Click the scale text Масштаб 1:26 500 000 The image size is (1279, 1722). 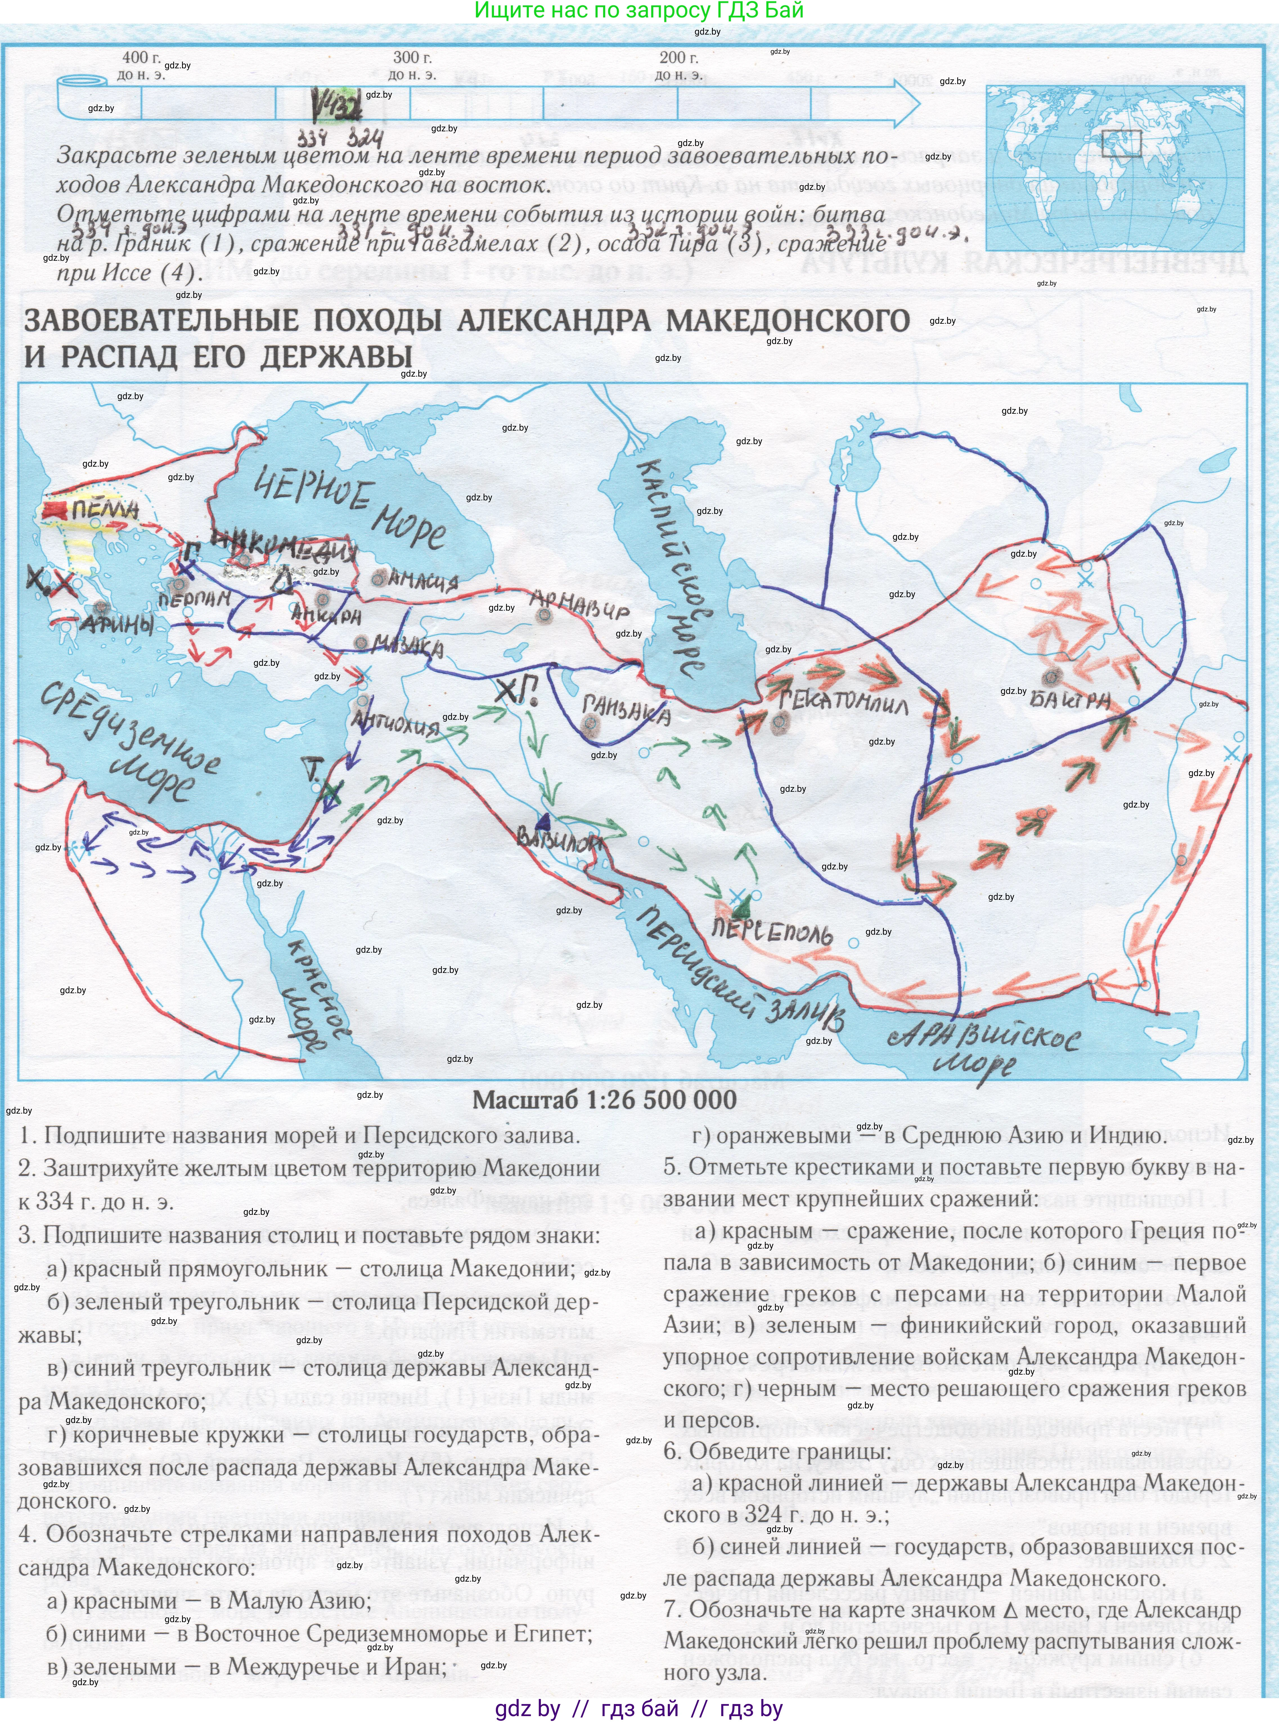point(605,1100)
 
